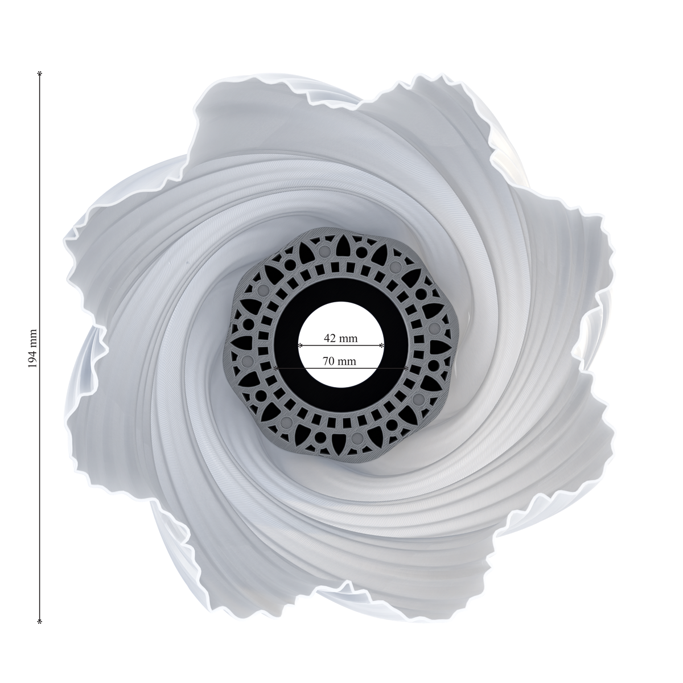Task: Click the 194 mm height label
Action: (x=32, y=348)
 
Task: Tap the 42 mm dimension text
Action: (x=340, y=338)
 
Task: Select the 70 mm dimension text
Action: (x=339, y=361)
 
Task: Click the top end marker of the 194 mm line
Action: (x=40, y=73)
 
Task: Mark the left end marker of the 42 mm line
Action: (x=300, y=345)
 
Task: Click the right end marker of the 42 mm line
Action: (x=382, y=345)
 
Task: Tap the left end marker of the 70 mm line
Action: (x=275, y=368)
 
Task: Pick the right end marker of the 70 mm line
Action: (x=406, y=368)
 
